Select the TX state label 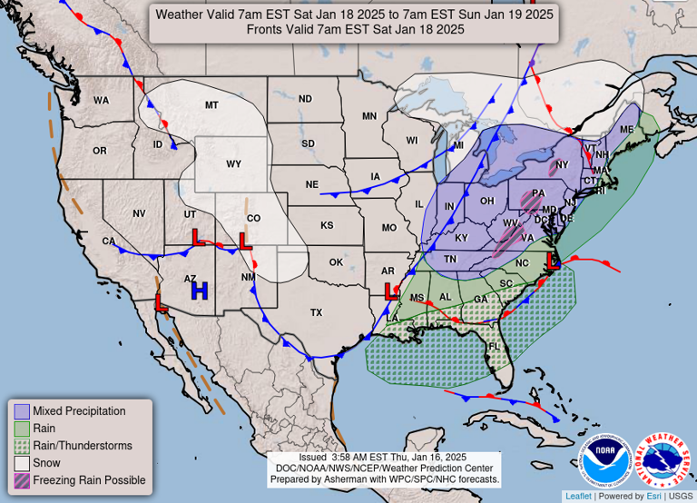pyautogui.click(x=316, y=312)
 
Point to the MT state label pyautogui.click(x=211, y=105)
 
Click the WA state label pyautogui.click(x=101, y=100)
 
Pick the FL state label pyautogui.click(x=496, y=347)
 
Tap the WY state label pyautogui.click(x=233, y=164)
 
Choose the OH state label pyautogui.click(x=486, y=201)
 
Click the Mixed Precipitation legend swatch pyautogui.click(x=22, y=411)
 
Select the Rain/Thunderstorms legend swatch pyautogui.click(x=22, y=446)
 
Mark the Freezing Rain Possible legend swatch pyautogui.click(x=22, y=480)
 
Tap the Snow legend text pyautogui.click(x=45, y=463)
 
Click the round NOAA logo pyautogui.click(x=604, y=459)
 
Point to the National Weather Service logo pyautogui.click(x=663, y=459)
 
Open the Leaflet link pyautogui.click(x=578, y=496)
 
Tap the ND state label pyautogui.click(x=305, y=99)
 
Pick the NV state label pyautogui.click(x=139, y=213)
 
